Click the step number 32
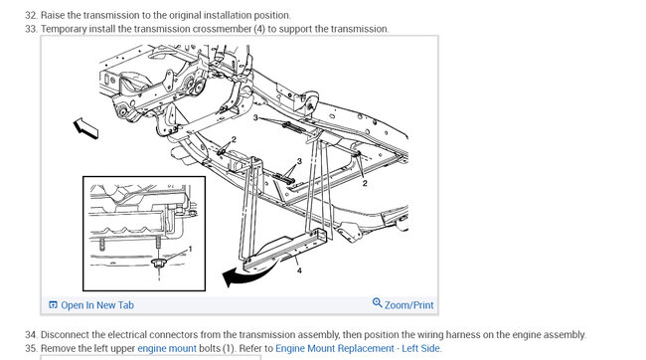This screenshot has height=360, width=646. coord(31,15)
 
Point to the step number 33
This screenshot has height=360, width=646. coord(31,29)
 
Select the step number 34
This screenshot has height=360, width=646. coord(31,334)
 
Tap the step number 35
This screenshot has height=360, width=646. coord(31,348)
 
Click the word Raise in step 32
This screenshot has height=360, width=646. coord(53,15)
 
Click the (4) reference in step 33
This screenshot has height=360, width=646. coord(260,29)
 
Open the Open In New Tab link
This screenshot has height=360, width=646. coord(97,305)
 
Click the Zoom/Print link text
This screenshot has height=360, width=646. coord(408,305)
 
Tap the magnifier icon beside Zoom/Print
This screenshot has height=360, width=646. coord(377,303)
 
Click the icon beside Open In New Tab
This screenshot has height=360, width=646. coord(53,304)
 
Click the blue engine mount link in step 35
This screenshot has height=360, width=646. coord(167,348)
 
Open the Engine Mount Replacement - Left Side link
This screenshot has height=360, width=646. coord(358,348)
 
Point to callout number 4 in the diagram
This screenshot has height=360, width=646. coord(299,270)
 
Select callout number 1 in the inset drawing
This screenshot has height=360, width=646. coord(190,249)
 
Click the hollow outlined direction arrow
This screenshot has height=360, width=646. coord(85,128)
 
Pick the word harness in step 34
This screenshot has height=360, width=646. coord(464,334)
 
